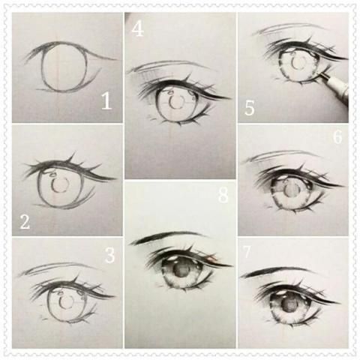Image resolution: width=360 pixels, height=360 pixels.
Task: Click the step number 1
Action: pos(106,101)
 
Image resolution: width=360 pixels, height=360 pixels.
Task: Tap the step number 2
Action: pos(25,222)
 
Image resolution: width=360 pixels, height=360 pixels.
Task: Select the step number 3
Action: pos(109,255)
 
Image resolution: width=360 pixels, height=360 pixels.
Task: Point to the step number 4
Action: pos(137,28)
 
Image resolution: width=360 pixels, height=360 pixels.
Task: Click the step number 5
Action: pos(249,108)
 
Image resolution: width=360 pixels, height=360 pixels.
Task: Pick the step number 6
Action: pos(337,136)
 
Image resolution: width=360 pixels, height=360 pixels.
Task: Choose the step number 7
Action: pos(246,251)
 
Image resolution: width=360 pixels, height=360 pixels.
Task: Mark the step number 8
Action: pos(223,195)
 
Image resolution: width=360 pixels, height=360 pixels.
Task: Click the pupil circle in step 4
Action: pos(176,101)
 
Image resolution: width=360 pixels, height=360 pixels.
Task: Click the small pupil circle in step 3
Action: pos(66,302)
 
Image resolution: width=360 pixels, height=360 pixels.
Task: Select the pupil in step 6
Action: pos(291,189)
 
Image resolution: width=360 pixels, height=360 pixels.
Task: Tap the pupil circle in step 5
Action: pos(299,61)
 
